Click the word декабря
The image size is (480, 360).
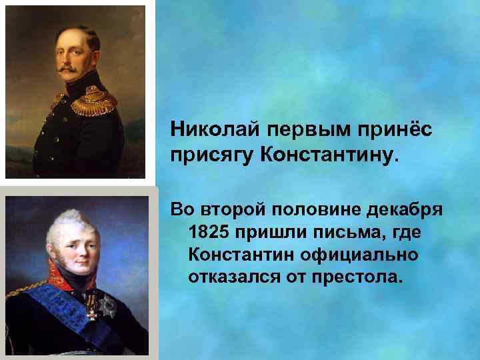point(406,211)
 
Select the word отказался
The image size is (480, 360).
point(233,275)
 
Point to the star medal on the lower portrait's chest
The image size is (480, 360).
point(103,307)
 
